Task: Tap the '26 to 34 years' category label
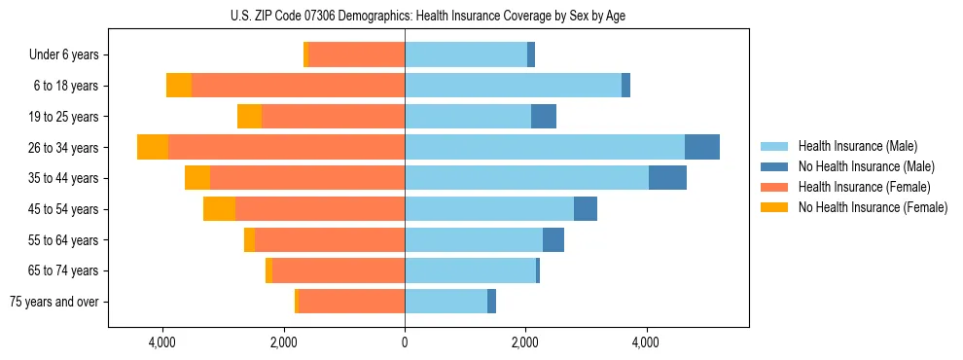click(x=63, y=148)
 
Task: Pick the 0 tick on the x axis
click(x=405, y=342)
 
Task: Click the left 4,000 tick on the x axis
click(x=162, y=342)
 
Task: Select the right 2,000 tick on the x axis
click(x=525, y=342)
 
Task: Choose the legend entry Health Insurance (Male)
click(x=857, y=146)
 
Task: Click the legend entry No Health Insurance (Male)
click(x=866, y=166)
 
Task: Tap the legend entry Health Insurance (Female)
click(x=861, y=187)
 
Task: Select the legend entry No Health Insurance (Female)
click(x=873, y=207)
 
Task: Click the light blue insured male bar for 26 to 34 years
click(x=545, y=147)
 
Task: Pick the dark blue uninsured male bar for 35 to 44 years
click(x=667, y=178)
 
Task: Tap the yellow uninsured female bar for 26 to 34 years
click(x=153, y=147)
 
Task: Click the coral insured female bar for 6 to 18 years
click(x=298, y=86)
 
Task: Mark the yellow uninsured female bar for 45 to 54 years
click(x=219, y=209)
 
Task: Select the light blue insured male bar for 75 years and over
click(x=446, y=302)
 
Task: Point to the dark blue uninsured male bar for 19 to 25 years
click(x=544, y=117)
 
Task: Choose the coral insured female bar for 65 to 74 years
click(x=339, y=270)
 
